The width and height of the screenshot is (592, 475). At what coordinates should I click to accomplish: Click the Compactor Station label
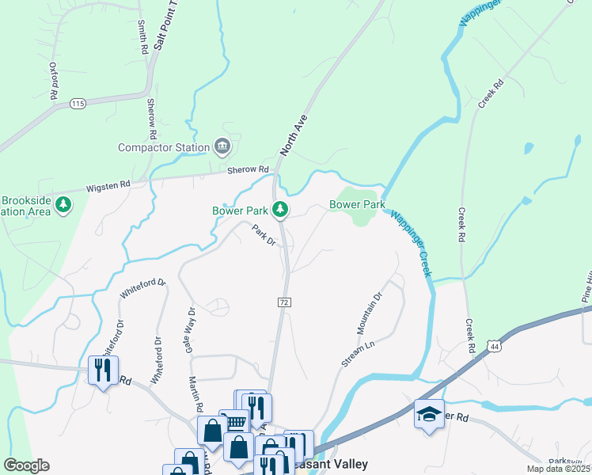[164, 146]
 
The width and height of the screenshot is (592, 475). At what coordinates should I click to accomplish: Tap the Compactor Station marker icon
[222, 146]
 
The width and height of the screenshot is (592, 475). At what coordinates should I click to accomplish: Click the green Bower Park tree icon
[279, 210]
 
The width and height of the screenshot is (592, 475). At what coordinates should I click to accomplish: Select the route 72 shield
[283, 302]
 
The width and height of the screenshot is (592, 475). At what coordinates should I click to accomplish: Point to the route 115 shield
[77, 104]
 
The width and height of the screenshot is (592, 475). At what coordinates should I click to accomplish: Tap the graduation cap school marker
[428, 414]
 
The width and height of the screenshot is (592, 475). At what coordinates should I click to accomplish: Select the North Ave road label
[293, 134]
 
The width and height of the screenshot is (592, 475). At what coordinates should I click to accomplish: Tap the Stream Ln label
[358, 354]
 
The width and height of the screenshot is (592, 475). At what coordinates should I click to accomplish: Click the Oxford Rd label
[54, 81]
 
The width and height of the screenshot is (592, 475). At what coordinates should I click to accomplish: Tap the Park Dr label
[263, 235]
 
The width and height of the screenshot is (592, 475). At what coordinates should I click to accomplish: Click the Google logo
[26, 465]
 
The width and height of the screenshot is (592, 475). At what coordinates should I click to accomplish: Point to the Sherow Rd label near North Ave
[249, 169]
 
